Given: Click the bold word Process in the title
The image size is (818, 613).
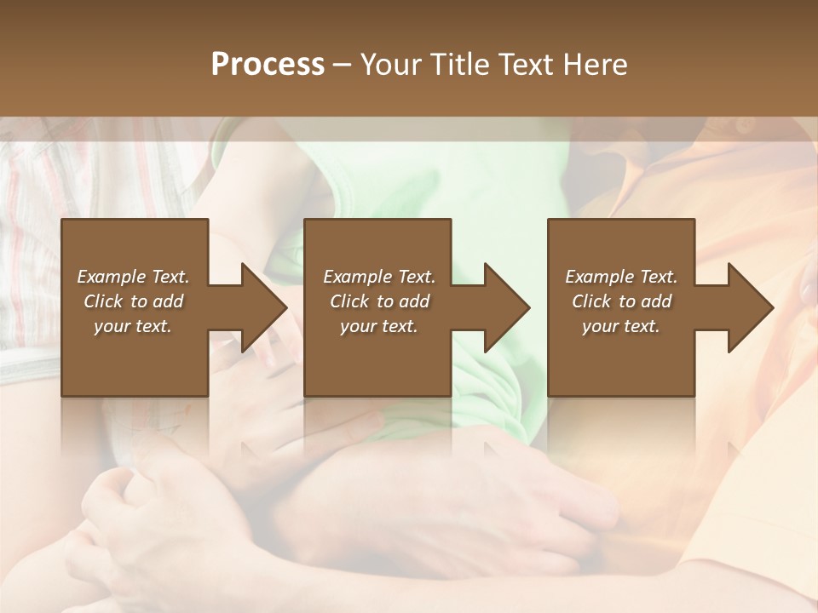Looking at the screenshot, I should [x=268, y=65].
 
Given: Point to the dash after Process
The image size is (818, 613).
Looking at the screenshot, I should [x=343, y=66].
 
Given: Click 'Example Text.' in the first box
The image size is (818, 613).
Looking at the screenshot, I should [x=133, y=277].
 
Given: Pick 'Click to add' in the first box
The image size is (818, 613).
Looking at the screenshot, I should [x=133, y=301].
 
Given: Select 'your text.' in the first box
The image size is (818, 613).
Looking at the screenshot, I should [x=133, y=326].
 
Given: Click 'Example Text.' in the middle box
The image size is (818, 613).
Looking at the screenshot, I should [x=378, y=277].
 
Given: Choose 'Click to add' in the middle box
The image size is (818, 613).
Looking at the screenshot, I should [x=378, y=301].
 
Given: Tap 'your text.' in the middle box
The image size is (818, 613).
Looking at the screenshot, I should [x=378, y=326].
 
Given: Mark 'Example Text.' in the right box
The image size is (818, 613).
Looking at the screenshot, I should [x=620, y=277].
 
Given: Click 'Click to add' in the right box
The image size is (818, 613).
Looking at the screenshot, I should [x=620, y=301].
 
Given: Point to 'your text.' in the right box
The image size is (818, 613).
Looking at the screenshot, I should [x=620, y=326].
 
